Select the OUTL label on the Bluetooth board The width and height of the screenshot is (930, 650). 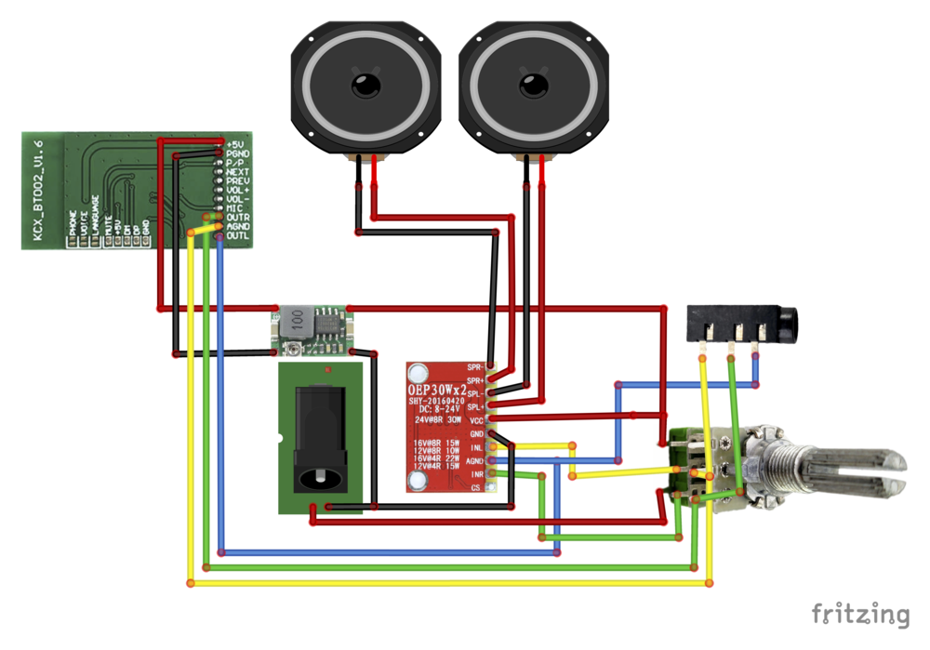coord(238,236)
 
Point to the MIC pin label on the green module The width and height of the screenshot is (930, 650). coord(235,208)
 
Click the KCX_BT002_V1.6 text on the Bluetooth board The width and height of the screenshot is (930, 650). coord(38,191)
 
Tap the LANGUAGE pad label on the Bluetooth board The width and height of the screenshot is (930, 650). coord(96,216)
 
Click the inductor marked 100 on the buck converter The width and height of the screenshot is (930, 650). coord(297,319)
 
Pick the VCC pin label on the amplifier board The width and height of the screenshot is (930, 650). coord(476,420)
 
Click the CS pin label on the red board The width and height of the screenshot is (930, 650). coord(476,487)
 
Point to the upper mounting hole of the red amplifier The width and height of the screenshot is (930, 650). coord(418,371)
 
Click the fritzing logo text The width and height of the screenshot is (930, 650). coord(859,614)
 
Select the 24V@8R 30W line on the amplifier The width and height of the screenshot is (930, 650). coord(438,420)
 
